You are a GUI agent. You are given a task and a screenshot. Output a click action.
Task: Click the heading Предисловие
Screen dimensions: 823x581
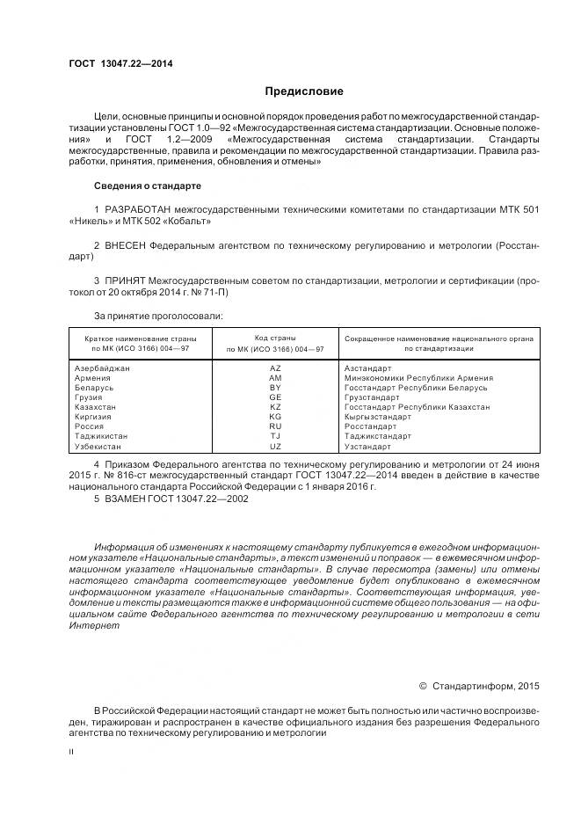[x=305, y=91]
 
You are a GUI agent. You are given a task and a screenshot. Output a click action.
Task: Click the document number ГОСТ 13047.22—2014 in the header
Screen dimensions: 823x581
[x=117, y=64]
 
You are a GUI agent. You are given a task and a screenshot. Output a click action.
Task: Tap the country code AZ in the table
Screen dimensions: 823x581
[x=275, y=368]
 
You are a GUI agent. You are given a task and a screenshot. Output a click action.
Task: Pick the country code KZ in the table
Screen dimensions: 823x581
[x=275, y=408]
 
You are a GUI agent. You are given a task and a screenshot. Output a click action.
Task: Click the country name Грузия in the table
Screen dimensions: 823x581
[x=90, y=397]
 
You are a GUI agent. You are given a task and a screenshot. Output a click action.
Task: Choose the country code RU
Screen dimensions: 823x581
[x=275, y=427]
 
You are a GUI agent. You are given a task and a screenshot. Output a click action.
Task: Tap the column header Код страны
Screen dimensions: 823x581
[x=275, y=338]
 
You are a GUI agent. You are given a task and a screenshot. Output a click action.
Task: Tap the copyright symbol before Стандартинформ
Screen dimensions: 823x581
[x=423, y=684]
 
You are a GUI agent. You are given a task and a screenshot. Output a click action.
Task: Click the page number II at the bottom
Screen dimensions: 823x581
[x=71, y=753]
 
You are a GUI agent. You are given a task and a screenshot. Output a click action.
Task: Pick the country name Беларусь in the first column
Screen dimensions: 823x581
[x=93, y=388]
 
